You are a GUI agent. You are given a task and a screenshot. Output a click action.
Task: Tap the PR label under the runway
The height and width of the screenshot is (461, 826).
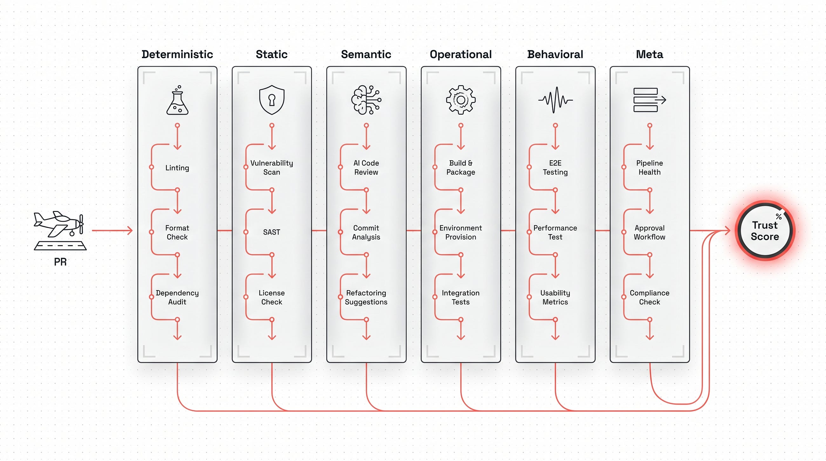click(60, 262)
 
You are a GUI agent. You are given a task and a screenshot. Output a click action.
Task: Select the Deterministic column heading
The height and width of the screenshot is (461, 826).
click(177, 55)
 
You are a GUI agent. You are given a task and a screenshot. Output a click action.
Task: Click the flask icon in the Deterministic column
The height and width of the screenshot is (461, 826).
click(177, 100)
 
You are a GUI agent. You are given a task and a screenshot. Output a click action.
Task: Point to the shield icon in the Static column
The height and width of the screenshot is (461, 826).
click(272, 100)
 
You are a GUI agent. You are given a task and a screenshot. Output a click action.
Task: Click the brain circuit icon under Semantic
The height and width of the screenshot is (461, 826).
click(366, 100)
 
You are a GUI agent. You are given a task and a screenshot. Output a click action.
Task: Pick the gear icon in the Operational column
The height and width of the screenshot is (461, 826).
click(461, 100)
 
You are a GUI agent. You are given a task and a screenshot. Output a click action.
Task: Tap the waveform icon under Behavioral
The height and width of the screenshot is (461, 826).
click(555, 100)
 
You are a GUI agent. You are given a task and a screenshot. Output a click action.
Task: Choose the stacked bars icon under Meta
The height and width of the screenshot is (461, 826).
click(650, 100)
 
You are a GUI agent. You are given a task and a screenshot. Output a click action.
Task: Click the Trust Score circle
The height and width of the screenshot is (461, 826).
click(765, 231)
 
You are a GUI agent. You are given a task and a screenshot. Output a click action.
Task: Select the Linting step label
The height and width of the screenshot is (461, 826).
click(177, 168)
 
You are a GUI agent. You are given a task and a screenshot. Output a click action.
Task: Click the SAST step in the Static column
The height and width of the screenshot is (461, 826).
click(272, 232)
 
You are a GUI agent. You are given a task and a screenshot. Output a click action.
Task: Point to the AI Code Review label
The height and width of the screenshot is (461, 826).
click(366, 168)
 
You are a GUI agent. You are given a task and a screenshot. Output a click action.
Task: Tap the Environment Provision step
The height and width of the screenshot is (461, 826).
click(461, 233)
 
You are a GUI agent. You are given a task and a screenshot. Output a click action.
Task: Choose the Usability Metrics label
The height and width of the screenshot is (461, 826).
click(555, 297)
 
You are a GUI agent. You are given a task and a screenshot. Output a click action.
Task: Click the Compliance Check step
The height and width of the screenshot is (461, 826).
click(650, 297)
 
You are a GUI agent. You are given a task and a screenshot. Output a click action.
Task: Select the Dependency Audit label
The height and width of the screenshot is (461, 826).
click(177, 297)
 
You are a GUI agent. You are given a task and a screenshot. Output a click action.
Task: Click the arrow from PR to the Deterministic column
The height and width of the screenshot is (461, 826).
click(112, 230)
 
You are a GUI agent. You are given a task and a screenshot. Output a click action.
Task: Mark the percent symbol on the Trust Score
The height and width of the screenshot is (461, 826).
click(779, 216)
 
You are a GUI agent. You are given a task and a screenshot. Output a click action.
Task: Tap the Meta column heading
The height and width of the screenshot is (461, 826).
click(650, 55)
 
